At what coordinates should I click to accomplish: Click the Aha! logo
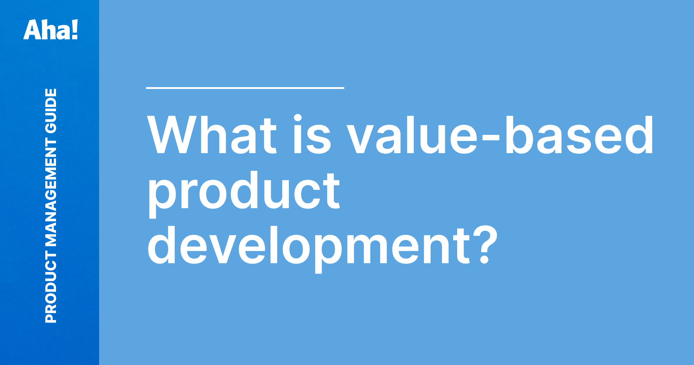coord(51,30)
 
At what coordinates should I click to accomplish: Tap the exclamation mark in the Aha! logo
coord(74,30)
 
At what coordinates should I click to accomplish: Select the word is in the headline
coord(312,135)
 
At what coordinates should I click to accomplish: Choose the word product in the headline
coord(244,191)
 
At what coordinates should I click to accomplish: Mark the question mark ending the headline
coord(485,245)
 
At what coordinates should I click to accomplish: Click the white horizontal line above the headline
coord(245,88)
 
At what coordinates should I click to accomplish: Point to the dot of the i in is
coord(298,118)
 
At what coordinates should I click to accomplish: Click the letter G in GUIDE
coord(51,128)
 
